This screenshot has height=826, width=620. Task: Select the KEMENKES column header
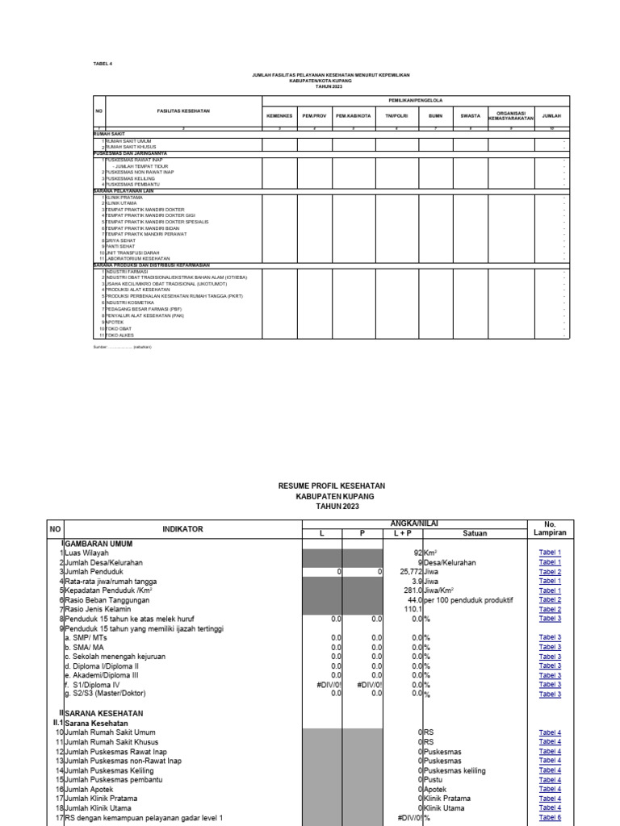(x=279, y=115)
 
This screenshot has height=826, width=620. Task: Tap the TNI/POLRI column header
(x=396, y=115)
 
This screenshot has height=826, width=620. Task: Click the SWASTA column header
(x=470, y=115)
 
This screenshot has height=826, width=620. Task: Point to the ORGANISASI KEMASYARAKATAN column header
(x=512, y=115)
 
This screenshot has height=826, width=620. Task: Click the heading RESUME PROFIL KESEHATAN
(x=331, y=486)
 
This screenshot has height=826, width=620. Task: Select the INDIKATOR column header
(x=182, y=529)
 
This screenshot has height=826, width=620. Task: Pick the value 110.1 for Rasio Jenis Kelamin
(x=413, y=609)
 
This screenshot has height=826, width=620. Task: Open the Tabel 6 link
(x=550, y=817)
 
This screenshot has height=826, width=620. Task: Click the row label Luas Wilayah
(x=87, y=553)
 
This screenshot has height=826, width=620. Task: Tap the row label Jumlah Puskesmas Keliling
(x=118, y=771)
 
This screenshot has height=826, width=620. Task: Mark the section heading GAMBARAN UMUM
(x=99, y=544)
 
